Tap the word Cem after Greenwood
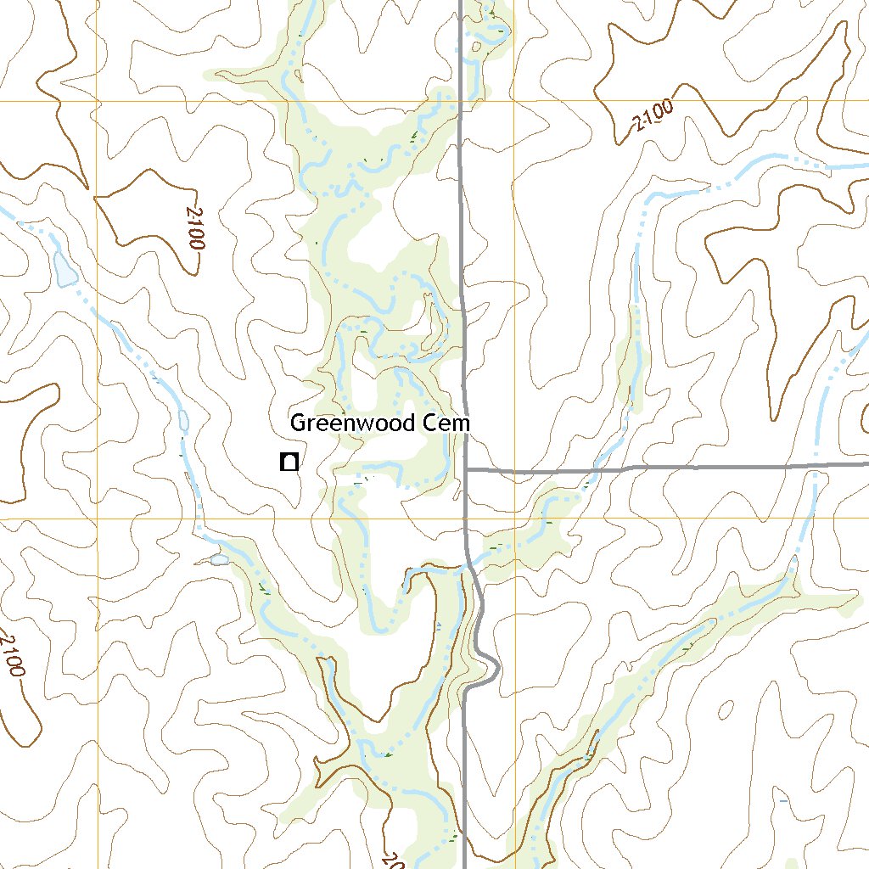pos(444,423)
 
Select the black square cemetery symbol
pos(289,462)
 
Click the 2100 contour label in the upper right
pos(653,115)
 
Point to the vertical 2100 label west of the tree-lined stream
pos(194,227)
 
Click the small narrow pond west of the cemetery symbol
pos(183,419)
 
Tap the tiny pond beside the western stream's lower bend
pos(220,559)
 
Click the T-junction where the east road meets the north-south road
pos(467,469)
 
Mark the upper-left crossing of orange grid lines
pos(97,100)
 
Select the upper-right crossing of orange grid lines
pos(514,100)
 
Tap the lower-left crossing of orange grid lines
pos(97,519)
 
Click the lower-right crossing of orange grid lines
pos(514,519)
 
